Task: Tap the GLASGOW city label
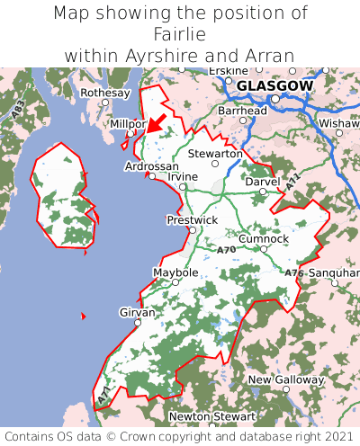click(274, 85)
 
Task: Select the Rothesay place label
click(105, 93)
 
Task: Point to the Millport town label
click(127, 123)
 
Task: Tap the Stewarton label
click(215, 154)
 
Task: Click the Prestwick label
click(192, 219)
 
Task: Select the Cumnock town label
click(264, 238)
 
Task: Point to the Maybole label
click(175, 272)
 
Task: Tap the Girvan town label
click(138, 312)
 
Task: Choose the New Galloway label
click(285, 379)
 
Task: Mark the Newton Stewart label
click(212, 417)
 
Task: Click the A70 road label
click(227, 249)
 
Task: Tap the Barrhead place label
click(242, 111)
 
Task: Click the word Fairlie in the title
click(180, 34)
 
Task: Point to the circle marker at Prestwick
click(192, 230)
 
